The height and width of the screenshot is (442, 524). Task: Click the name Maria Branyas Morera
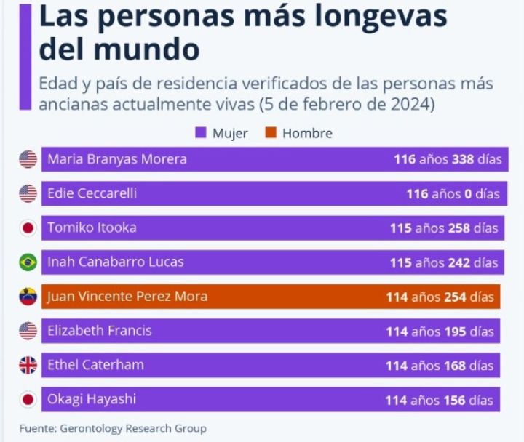pos(117,159)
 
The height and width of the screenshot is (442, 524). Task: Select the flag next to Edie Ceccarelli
pos(28,193)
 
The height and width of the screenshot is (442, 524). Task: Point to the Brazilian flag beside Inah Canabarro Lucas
pos(28,262)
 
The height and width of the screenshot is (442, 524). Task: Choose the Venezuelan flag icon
pos(28,297)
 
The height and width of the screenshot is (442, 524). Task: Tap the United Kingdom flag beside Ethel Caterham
pos(28,365)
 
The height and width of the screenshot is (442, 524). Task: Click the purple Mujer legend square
pos(201,133)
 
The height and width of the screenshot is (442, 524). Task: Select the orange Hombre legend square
pos(271,133)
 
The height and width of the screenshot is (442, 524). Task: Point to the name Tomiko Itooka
pos(92,228)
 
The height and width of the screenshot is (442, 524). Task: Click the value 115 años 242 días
pos(444,262)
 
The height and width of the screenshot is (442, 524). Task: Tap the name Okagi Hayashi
pos(91,399)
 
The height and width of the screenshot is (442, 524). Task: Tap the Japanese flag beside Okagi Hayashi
pos(28,399)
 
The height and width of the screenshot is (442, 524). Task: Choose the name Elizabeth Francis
pos(100,331)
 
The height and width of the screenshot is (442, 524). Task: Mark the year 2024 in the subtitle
pos(411,104)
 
